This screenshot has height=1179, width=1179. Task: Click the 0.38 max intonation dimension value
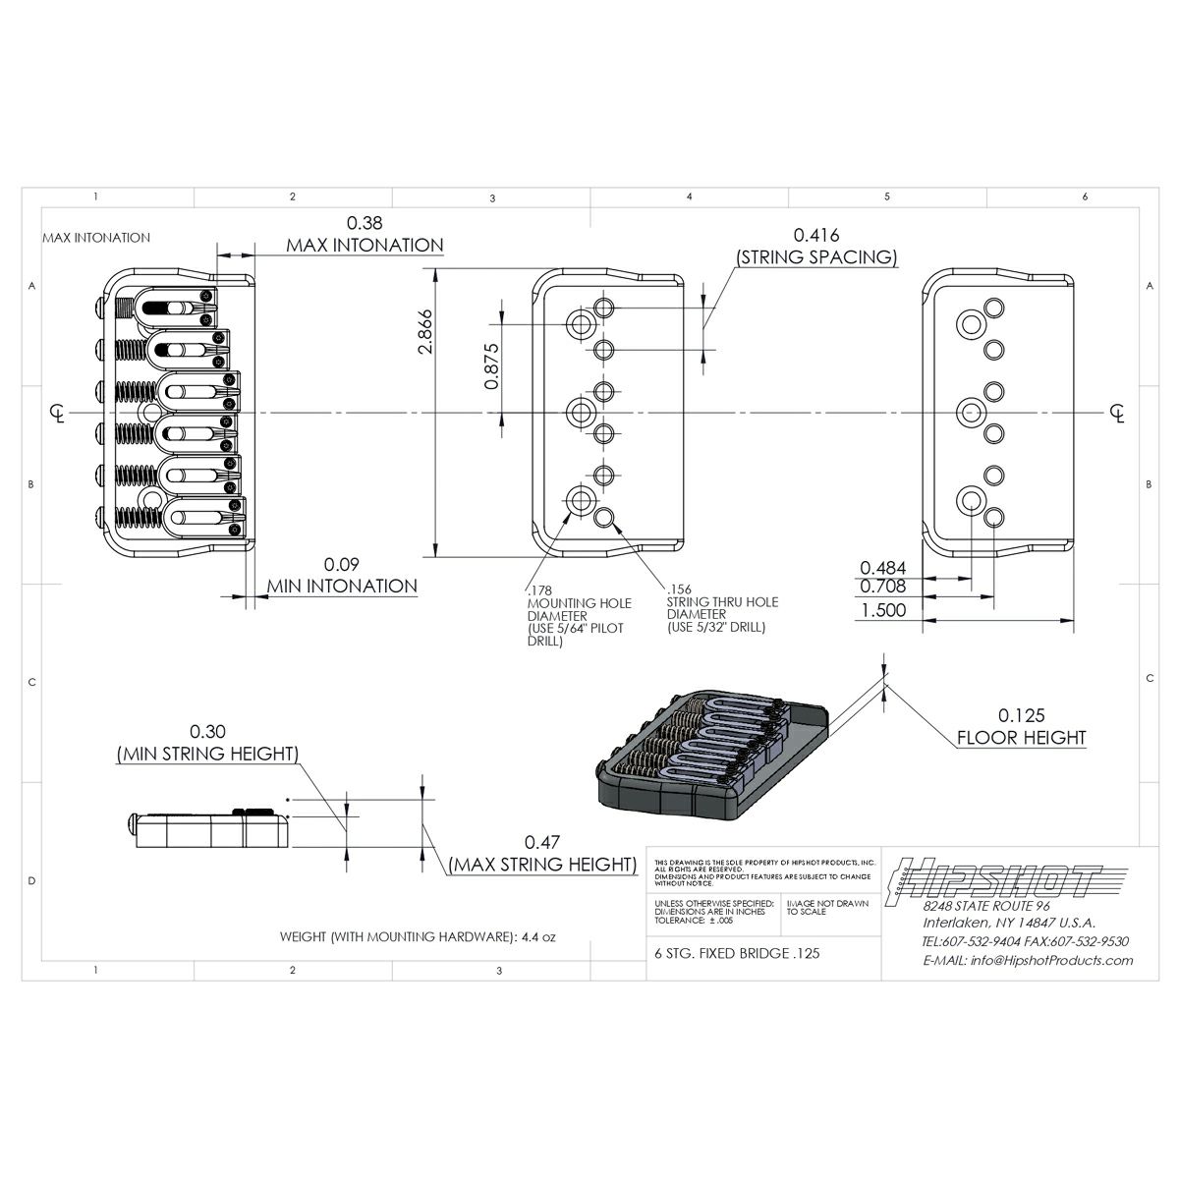[x=365, y=223]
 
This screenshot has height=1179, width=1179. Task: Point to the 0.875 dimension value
[x=494, y=366]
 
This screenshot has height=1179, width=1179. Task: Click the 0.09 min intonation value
[x=341, y=565]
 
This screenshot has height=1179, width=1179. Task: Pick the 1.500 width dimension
[x=883, y=609]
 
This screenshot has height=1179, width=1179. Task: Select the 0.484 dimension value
[x=882, y=568]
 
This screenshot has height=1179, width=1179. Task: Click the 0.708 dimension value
[x=882, y=588]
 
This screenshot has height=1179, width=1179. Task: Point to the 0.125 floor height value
[x=1022, y=715]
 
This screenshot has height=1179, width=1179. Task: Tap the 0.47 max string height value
[x=541, y=842]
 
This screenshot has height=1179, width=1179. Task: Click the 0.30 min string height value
[x=207, y=732]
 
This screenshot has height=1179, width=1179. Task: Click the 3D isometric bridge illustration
[x=714, y=758]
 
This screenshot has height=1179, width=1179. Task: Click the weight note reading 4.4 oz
[x=418, y=937]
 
